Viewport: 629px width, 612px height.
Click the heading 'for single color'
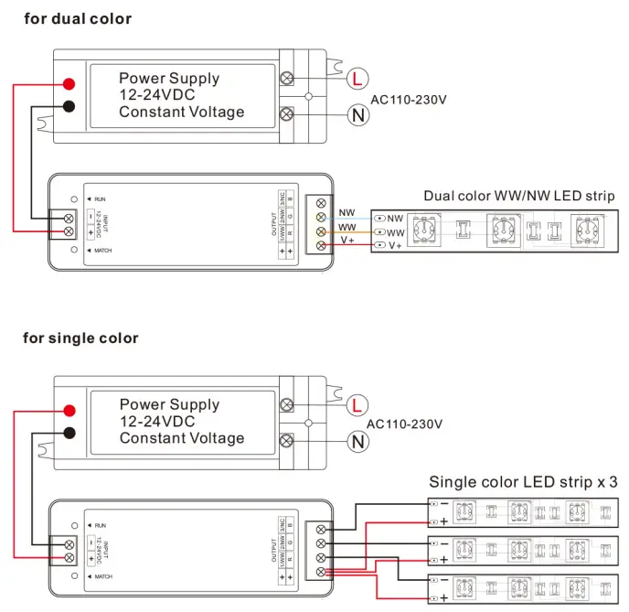80,338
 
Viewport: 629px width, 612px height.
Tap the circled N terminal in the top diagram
357,114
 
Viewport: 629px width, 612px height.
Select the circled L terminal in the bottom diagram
357,404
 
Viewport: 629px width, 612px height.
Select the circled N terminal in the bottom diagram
357,442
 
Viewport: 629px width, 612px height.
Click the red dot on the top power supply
69,85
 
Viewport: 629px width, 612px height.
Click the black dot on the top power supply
69,106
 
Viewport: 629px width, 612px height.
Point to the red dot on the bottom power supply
69,411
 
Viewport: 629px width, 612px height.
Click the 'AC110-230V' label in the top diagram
408,99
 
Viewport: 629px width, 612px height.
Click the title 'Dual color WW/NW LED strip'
518,196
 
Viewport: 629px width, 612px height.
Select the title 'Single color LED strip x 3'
523,482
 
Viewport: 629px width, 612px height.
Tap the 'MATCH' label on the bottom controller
103,576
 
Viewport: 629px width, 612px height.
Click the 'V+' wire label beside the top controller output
347,240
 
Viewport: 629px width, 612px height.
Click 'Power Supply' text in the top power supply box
169,79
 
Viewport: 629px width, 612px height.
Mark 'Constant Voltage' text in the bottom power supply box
182,438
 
